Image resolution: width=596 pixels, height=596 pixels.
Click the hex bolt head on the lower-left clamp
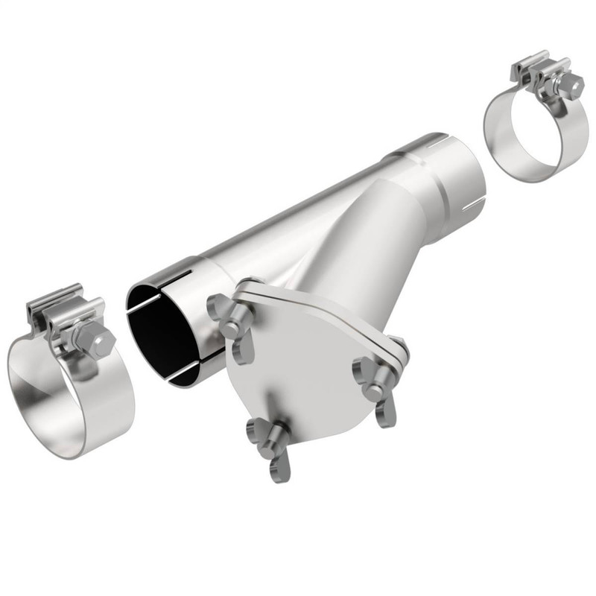coord(99,342)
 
